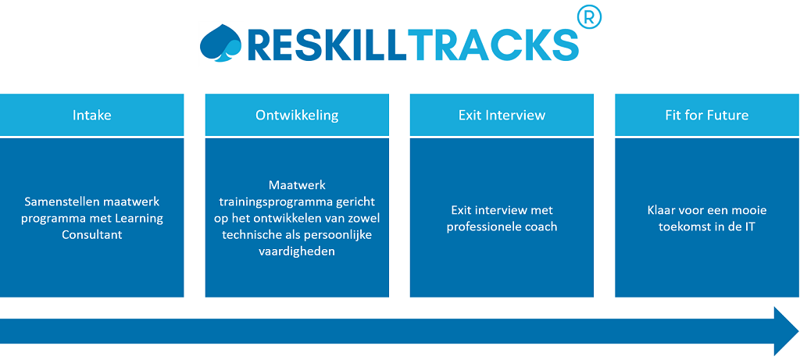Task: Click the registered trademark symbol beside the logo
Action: pyautogui.click(x=589, y=18)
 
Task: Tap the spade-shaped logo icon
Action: pyautogui.click(x=220, y=43)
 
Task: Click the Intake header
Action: pyautogui.click(x=92, y=115)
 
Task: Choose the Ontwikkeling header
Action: pyautogui.click(x=297, y=115)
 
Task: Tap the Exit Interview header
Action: pyautogui.click(x=502, y=115)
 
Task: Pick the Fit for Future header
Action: pyautogui.click(x=707, y=115)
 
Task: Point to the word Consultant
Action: pyautogui.click(x=92, y=235)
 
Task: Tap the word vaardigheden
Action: pyautogui.click(x=296, y=251)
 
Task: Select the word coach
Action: pyautogui.click(x=539, y=227)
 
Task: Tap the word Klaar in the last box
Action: pyautogui.click(x=662, y=210)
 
